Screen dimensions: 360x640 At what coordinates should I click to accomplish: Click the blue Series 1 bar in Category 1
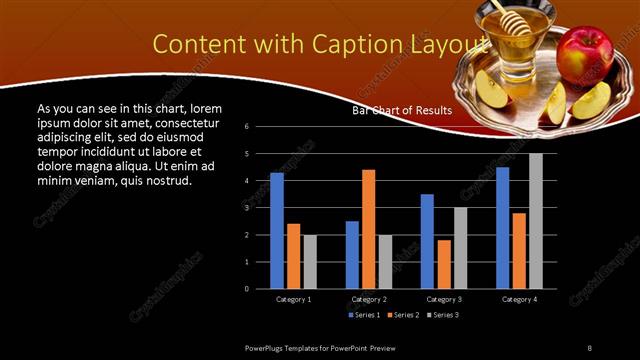277,231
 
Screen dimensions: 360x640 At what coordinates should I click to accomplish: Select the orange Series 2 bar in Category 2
369,229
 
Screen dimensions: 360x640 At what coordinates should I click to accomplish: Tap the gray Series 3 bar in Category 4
536,221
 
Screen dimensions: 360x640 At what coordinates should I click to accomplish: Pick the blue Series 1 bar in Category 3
427,241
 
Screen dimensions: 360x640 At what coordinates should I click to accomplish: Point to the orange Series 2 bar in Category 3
444,264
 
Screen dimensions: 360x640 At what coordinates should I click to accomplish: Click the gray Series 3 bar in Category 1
310,261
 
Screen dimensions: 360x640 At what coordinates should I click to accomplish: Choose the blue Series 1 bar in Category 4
502,228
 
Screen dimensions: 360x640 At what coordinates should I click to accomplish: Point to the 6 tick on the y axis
260,127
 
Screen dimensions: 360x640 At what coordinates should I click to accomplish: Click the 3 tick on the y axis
260,208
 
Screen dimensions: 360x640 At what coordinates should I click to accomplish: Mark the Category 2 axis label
369,299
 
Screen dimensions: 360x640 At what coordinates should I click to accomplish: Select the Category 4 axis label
519,299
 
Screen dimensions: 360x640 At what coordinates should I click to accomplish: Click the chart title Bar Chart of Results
402,111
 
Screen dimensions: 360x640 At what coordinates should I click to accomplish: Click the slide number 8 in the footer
589,347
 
